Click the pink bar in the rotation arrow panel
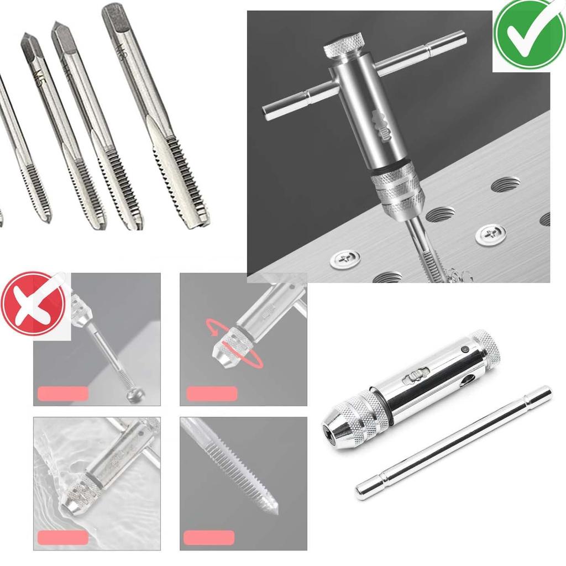pyautogui.click(x=212, y=394)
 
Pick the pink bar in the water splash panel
pyautogui.click(x=62, y=537)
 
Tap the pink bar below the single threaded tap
pyautogui.click(x=209, y=537)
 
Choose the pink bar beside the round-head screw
pyautogui.click(x=62, y=393)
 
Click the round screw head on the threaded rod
pyautogui.click(x=136, y=396)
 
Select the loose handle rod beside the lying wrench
pyautogui.click(x=453, y=442)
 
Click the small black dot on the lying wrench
pyautogui.click(x=466, y=350)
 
